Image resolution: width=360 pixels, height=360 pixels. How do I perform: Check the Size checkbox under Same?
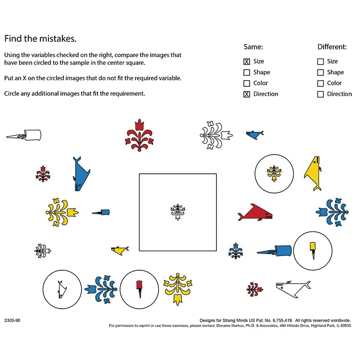coord(247,61)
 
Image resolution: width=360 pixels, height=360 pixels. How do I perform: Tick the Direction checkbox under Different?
coord(321,94)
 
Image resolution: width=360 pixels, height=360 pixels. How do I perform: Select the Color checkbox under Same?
coord(247,83)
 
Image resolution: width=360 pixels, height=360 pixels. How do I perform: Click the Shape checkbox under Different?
coord(321,72)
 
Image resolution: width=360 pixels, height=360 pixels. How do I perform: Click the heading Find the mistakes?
coord(40,38)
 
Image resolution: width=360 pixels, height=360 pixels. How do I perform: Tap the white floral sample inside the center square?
coord(178,212)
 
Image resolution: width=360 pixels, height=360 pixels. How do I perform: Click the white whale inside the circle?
coord(61,289)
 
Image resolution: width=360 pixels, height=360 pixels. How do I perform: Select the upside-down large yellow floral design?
coord(178,288)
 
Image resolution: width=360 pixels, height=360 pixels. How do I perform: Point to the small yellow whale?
coord(120,250)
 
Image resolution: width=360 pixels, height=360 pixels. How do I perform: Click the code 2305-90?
coord(12,320)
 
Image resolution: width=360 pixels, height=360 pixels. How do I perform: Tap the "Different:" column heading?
coord(332,47)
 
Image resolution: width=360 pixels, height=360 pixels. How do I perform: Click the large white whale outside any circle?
coord(293,288)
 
